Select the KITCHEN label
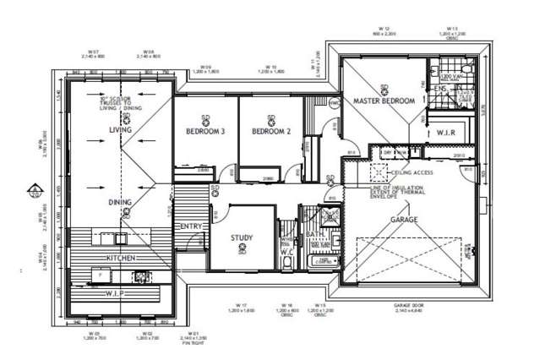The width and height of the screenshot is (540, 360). coord(120,256)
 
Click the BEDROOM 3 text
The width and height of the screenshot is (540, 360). coord(205,131)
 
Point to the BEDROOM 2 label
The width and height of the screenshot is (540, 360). coord(271,131)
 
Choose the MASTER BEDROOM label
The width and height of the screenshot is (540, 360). coord(384,101)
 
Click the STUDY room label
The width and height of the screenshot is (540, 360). coord(243,237)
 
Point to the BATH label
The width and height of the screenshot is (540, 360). coord(312,234)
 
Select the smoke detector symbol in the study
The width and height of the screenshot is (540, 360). coord(243,248)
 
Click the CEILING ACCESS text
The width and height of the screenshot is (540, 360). coord(412,172)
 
